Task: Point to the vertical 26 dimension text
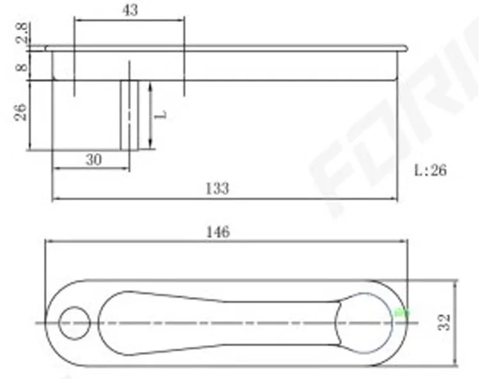(21, 113)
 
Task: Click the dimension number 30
(94, 160)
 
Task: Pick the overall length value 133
(217, 189)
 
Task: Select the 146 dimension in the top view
(219, 232)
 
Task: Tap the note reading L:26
(430, 171)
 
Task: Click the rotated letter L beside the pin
(163, 115)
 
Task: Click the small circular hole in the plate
(75, 322)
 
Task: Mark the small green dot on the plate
(402, 313)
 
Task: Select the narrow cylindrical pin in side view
(129, 115)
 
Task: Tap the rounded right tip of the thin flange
(404, 48)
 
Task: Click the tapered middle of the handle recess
(231, 322)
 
